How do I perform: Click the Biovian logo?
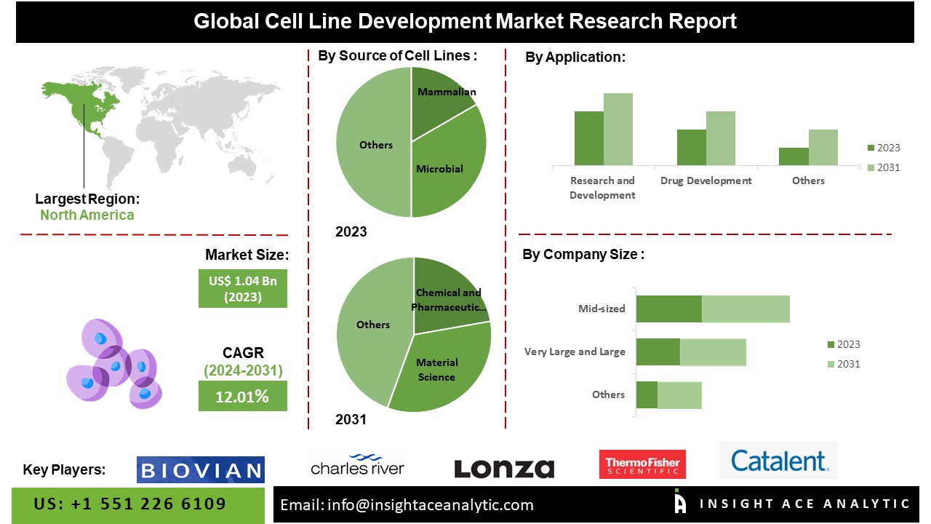coord(201,469)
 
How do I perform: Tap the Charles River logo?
coord(357,465)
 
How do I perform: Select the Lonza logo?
coord(504,469)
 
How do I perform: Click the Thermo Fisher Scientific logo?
coord(642,464)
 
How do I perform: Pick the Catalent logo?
coord(779,461)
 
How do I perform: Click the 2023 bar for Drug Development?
coord(691,148)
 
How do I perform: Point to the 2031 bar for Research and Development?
coord(618,130)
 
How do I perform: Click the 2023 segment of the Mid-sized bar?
coord(668,309)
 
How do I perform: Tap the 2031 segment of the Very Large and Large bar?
coord(713,352)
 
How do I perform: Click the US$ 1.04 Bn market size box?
coord(243,289)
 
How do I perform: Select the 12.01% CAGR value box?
coord(243,397)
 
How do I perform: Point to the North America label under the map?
coord(87,215)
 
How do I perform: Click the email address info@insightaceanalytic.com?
coord(407,504)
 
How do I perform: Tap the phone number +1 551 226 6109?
coord(130,504)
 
